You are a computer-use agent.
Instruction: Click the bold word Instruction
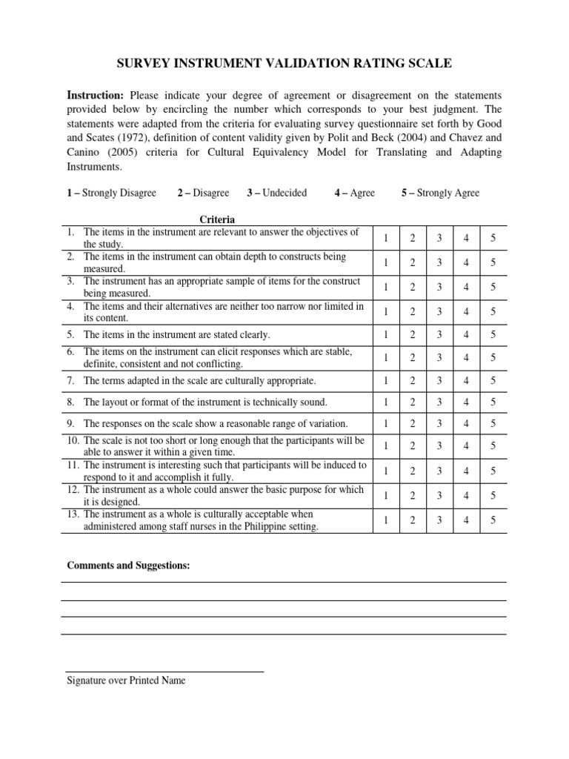pos(95,96)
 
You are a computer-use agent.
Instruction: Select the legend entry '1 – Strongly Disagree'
pos(111,193)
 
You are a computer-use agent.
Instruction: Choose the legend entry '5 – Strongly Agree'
pos(440,193)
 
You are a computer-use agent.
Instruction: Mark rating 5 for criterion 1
pos(493,238)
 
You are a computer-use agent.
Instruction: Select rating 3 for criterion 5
pos(439,334)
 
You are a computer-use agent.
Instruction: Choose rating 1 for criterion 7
pos(386,381)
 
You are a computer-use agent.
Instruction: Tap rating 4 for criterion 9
pos(466,424)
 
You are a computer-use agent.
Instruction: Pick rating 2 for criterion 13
pos(413,520)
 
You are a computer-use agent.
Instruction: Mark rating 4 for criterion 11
pos(466,472)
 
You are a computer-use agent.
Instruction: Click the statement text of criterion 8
pos(205,402)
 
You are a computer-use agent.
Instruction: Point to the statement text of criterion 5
pos(176,334)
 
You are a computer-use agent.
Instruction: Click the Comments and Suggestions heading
pos(128,566)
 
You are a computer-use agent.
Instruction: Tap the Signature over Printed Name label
pos(126,680)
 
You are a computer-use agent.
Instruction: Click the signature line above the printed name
pos(164,672)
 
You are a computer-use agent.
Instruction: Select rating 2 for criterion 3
pos(413,287)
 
